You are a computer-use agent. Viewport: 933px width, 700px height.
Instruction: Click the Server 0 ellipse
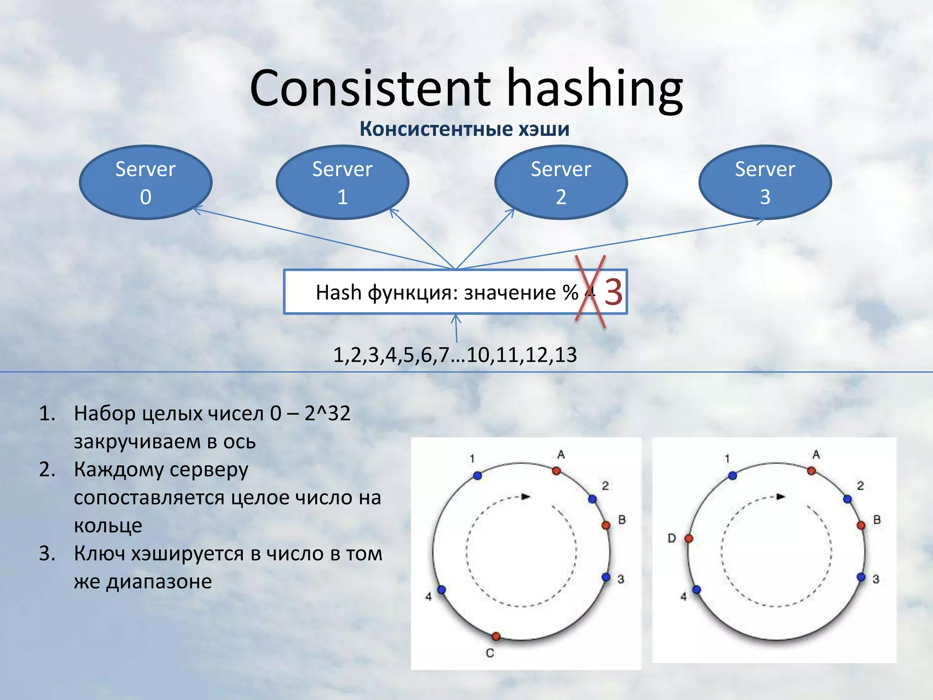[x=145, y=182]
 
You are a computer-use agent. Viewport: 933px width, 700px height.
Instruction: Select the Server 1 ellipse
[x=342, y=182]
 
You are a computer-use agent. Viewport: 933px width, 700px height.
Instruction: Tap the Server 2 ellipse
[x=561, y=182]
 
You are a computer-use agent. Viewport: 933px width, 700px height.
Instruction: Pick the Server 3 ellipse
[x=765, y=182]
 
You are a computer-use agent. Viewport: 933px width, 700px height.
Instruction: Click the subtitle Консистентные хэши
[x=464, y=129]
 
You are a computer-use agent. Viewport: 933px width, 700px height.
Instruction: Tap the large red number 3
[x=613, y=292]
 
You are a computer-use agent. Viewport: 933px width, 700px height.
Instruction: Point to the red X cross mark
[x=590, y=292]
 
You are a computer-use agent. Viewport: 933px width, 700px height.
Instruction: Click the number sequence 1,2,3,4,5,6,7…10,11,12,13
[x=455, y=355]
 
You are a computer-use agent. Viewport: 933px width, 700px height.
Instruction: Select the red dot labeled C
[x=496, y=636]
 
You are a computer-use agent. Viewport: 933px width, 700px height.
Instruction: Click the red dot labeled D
[x=689, y=539]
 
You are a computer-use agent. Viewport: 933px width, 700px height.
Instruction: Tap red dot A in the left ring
[x=556, y=471]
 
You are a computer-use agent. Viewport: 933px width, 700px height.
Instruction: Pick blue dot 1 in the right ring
[x=733, y=476]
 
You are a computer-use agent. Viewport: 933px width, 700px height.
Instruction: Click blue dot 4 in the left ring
[x=441, y=590]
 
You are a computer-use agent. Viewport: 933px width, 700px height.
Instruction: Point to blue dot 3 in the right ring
[x=861, y=577]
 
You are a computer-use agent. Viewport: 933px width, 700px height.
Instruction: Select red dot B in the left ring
[x=606, y=525]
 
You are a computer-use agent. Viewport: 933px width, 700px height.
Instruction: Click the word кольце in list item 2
[x=108, y=526]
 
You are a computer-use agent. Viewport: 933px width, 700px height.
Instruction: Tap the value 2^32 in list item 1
[x=327, y=414]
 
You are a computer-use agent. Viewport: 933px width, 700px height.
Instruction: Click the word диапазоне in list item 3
[x=159, y=582]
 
